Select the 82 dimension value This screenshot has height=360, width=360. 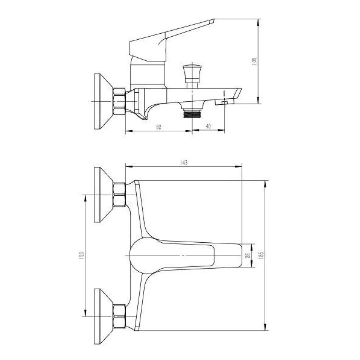coord(159,127)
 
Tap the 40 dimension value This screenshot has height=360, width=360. coord(208,126)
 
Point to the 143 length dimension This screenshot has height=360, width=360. coord(183,163)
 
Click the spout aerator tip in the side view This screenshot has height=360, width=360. coord(224,102)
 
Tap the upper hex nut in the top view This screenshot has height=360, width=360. coord(119,194)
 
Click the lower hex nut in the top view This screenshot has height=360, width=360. coord(119,316)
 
